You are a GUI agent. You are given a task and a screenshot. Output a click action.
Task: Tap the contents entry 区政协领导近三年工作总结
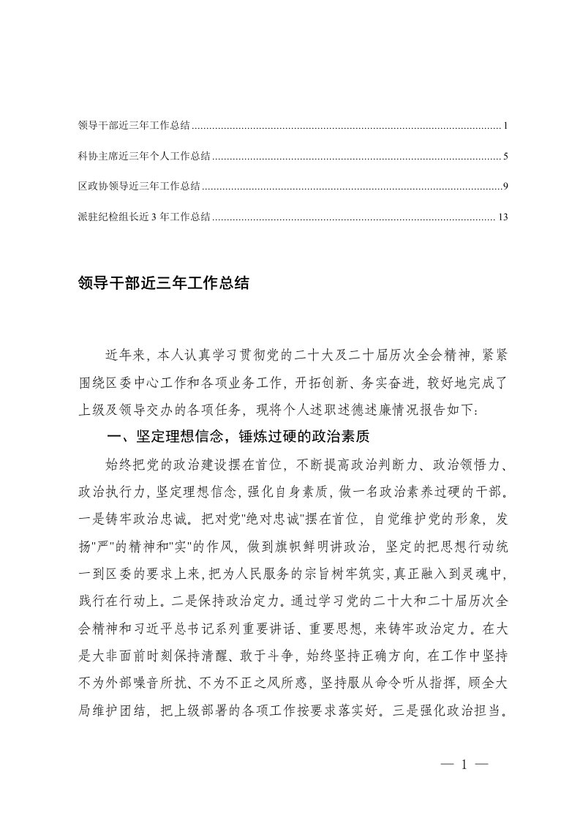click(x=139, y=187)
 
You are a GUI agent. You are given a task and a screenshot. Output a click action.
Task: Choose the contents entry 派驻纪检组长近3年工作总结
click(x=144, y=217)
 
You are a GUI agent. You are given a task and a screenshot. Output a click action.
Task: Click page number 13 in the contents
click(x=502, y=217)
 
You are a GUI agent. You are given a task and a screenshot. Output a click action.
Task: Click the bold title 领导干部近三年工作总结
click(x=163, y=283)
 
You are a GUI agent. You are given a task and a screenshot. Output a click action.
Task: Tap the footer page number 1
click(x=464, y=765)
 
